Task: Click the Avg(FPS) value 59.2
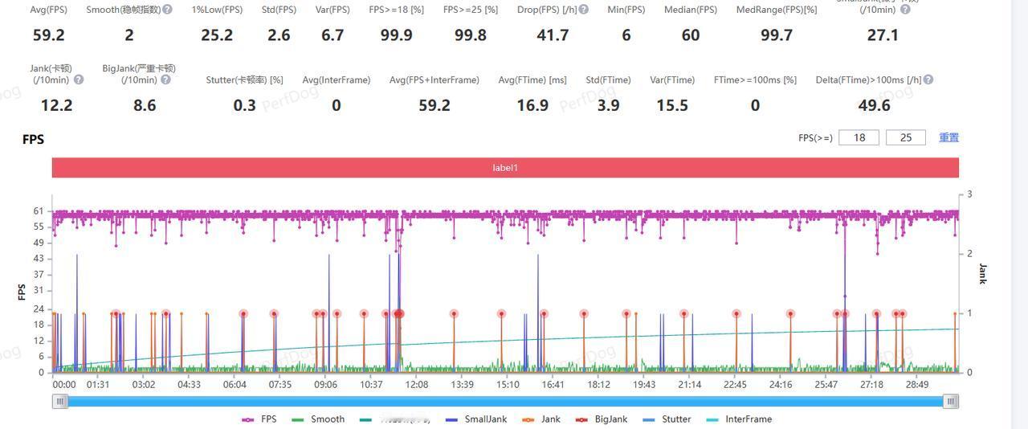point(48,35)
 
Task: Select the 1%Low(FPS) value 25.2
point(217,35)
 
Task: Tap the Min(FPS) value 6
point(626,35)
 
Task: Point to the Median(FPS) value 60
point(690,35)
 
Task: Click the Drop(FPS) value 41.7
point(553,35)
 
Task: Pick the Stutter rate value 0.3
point(244,105)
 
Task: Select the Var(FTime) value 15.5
point(671,105)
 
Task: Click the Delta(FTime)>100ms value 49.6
point(874,105)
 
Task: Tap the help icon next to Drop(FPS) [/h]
point(584,10)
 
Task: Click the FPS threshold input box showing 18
point(859,137)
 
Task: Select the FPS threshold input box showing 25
point(905,137)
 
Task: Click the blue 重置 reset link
point(948,137)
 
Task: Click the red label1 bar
point(505,168)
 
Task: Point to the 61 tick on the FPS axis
point(39,211)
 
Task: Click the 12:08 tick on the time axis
point(416,385)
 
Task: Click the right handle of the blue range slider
point(951,402)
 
